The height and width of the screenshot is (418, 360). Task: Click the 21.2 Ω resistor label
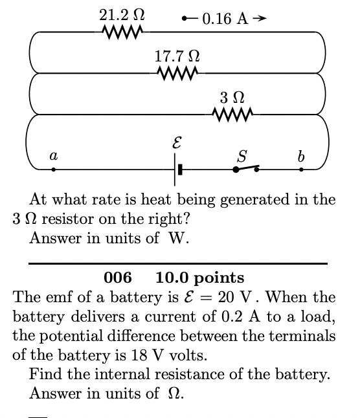122,14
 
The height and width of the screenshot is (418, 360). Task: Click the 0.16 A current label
224,18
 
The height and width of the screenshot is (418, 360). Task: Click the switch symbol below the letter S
247,170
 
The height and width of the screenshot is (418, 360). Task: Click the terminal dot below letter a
54,170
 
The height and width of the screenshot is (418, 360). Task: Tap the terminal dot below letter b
301,170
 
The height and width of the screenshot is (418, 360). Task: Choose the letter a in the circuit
54,155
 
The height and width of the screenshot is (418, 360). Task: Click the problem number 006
117,278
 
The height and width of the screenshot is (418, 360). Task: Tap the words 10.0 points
200,278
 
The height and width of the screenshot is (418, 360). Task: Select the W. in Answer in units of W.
177,238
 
